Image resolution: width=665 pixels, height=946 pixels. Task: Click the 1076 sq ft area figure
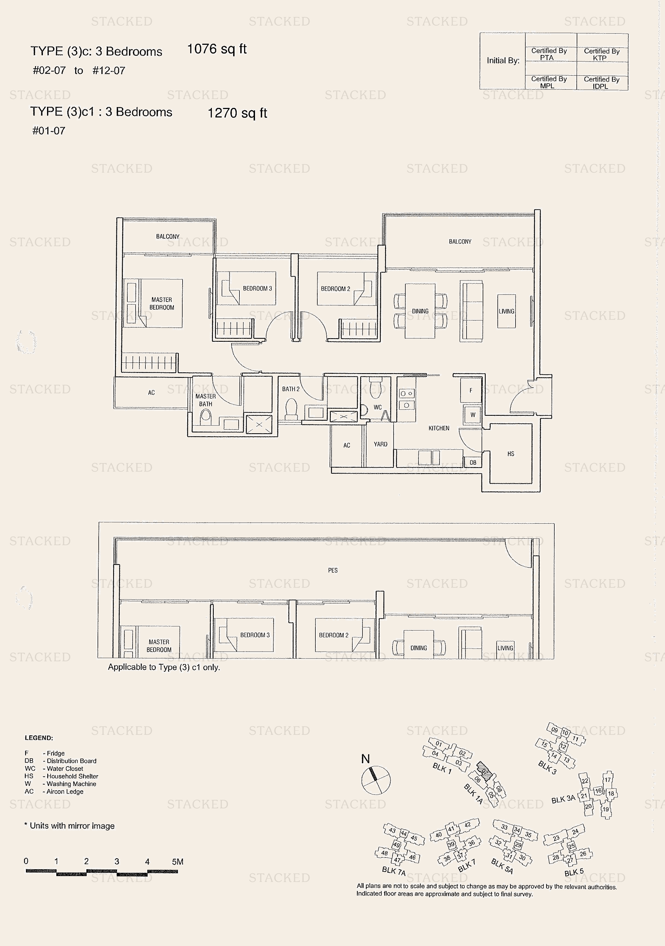[217, 49]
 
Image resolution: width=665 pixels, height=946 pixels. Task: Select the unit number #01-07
[49, 131]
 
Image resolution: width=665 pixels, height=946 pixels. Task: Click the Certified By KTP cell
[602, 54]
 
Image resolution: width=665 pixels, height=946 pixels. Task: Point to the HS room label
[511, 454]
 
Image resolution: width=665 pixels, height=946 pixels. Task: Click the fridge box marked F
[471, 390]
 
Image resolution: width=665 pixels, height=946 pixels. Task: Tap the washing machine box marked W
[473, 415]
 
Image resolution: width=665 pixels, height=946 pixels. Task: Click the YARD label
[380, 444]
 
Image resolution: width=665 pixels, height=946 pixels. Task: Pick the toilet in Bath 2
[291, 409]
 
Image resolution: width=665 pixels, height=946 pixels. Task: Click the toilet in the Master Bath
[205, 418]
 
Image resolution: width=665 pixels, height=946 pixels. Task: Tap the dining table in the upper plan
[420, 311]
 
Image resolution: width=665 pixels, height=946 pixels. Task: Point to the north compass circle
[376, 780]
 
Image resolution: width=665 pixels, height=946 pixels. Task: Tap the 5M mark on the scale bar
[178, 862]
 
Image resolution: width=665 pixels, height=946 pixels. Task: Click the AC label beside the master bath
[151, 393]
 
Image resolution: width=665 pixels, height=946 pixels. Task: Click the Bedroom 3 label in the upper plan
[257, 288]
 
